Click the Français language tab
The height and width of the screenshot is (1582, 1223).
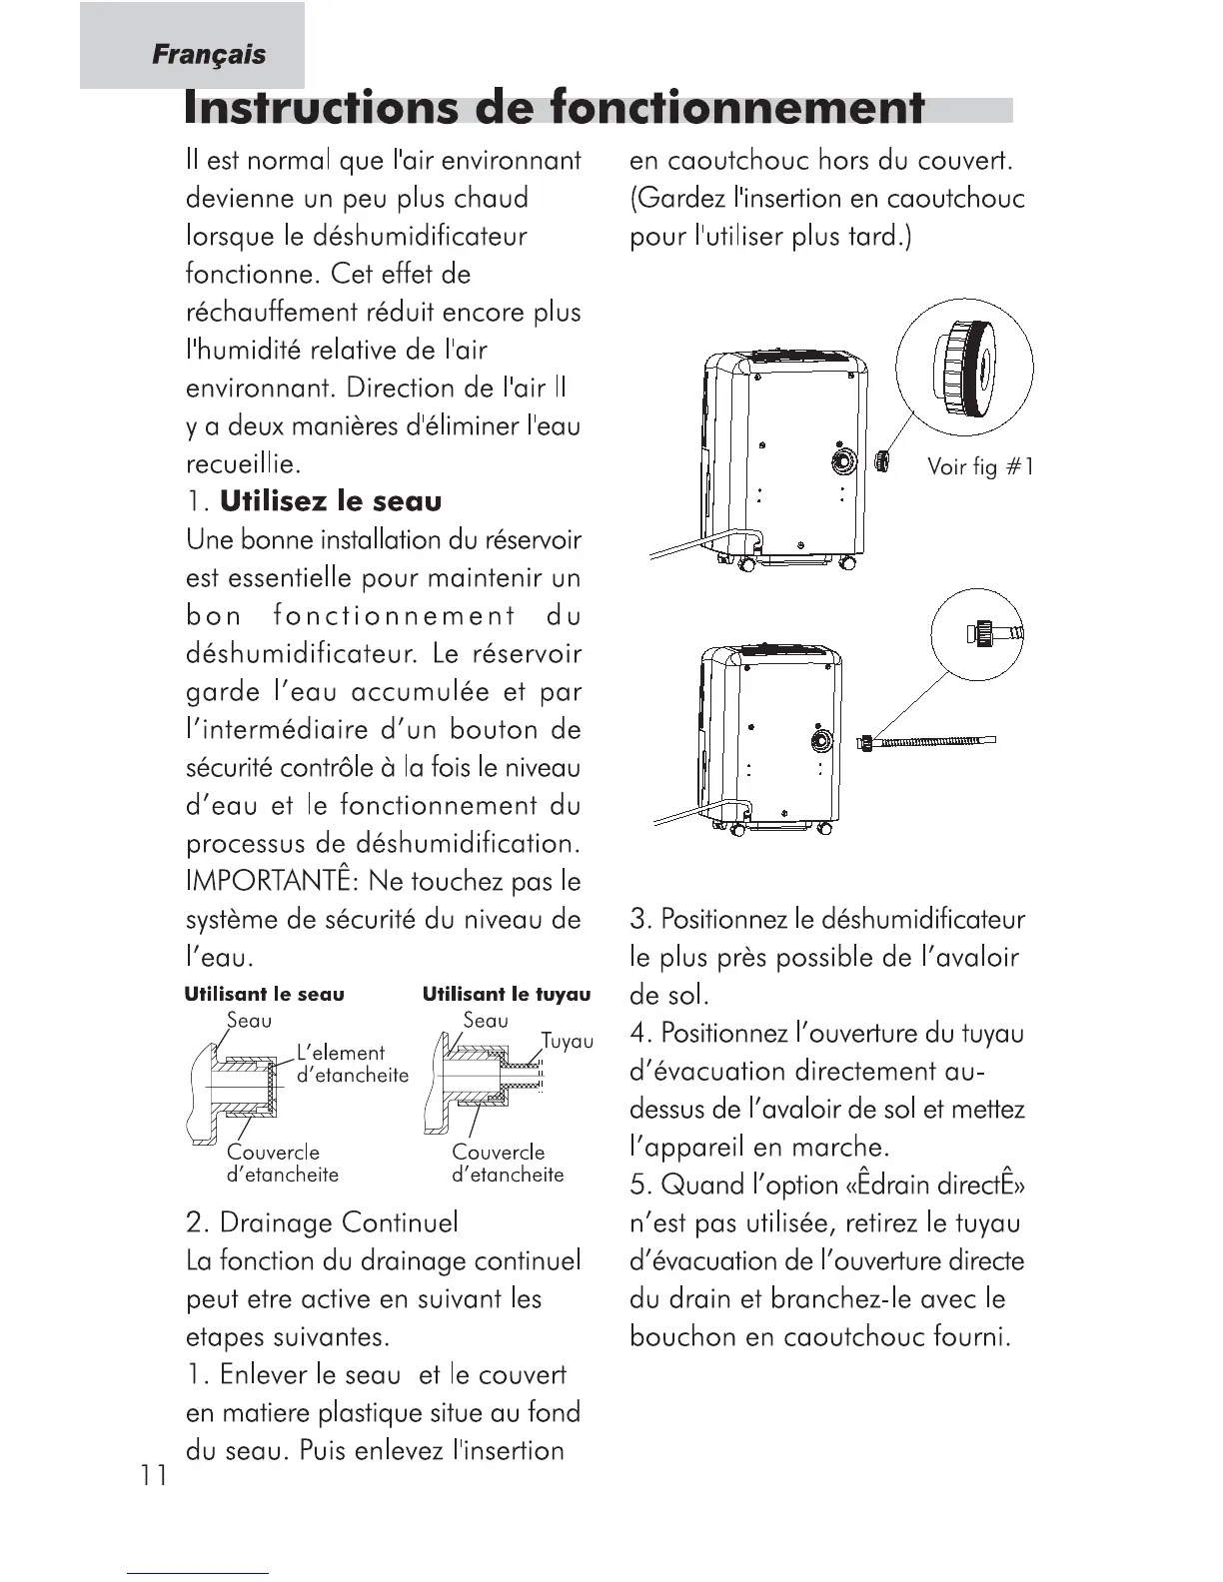coord(209,54)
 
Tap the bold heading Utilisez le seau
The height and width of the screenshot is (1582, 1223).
coord(331,501)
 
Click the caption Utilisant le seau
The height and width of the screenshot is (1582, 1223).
coord(264,995)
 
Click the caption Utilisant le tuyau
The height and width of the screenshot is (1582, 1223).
coord(507,995)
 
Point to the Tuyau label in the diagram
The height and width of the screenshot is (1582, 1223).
coord(567,1042)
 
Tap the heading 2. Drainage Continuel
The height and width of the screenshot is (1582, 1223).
coord(322,1222)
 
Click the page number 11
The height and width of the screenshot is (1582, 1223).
coord(154,1475)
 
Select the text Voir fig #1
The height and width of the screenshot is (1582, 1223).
coord(979,466)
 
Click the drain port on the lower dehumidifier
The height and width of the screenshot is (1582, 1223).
coord(820,741)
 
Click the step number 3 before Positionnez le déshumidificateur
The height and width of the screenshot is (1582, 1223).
coord(639,919)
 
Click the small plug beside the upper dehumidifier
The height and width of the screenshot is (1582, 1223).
coord(882,460)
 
